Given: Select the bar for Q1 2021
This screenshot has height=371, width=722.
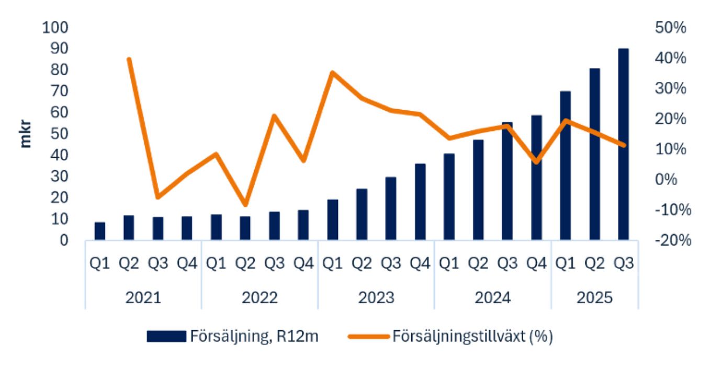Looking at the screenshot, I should click(x=100, y=231).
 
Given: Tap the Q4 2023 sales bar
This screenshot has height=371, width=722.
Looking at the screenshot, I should click(x=420, y=202).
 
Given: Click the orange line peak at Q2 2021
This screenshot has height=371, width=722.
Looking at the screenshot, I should click(x=129, y=60).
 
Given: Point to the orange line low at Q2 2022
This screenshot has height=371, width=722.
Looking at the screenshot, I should click(x=245, y=204).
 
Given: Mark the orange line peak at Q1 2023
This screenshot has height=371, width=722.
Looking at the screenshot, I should click(x=332, y=73).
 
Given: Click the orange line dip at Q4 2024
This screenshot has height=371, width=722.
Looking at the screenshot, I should click(x=536, y=161).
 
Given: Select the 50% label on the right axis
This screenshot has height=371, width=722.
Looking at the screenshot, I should click(x=670, y=28).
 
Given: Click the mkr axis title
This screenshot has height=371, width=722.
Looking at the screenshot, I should click(x=26, y=134).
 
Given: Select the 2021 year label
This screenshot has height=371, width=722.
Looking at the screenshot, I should click(x=143, y=298).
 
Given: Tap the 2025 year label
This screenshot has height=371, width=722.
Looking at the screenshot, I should click(x=594, y=298).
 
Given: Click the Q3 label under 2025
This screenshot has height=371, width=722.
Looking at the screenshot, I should click(x=623, y=264).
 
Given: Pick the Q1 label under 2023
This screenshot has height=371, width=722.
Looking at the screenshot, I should click(x=332, y=264).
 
